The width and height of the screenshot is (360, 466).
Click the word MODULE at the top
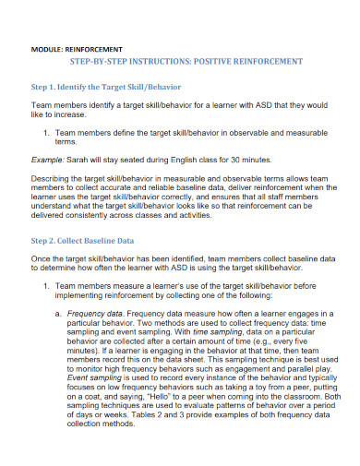tap(45, 46)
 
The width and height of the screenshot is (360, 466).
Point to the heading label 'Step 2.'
tap(46, 239)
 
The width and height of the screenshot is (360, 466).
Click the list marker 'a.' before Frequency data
tap(59, 316)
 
